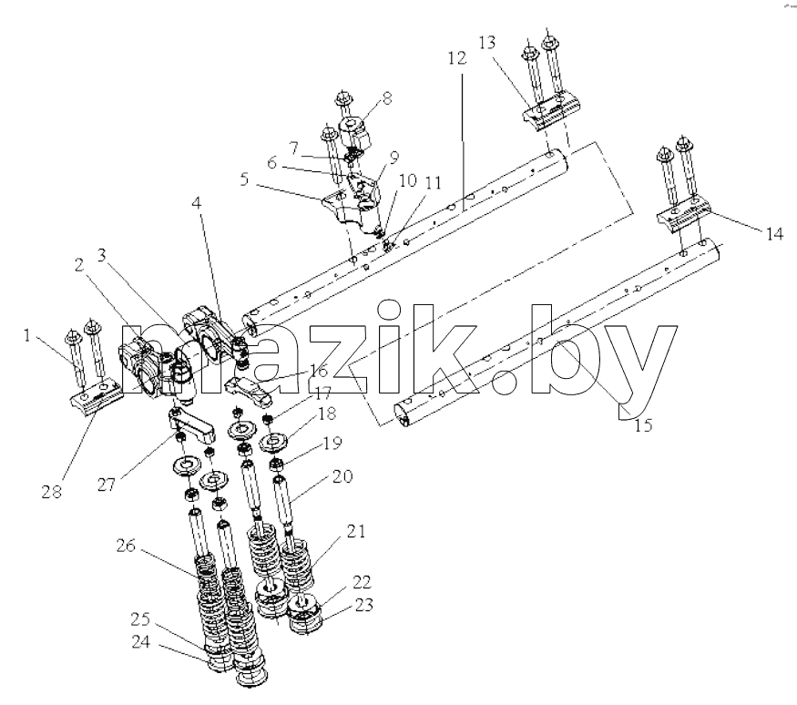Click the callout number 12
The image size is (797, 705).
coord(457,58)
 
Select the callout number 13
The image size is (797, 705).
coord(486,42)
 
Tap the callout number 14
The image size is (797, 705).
coord(774,234)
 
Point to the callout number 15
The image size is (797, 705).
coord(643,425)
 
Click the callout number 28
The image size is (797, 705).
coord(51,492)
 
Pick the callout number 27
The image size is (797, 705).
coord(107,485)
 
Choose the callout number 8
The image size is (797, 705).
coord(387,98)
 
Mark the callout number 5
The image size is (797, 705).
coord(244,179)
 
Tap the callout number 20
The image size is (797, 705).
coord(342,476)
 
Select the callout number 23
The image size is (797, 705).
coord(364,605)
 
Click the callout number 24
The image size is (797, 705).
coord(141,642)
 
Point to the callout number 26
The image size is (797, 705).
coord(126,546)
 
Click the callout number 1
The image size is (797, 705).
coord(27,335)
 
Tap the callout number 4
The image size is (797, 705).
coord(197,202)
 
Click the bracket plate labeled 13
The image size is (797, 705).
coord(551,116)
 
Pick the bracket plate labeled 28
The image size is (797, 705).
coord(97,396)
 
